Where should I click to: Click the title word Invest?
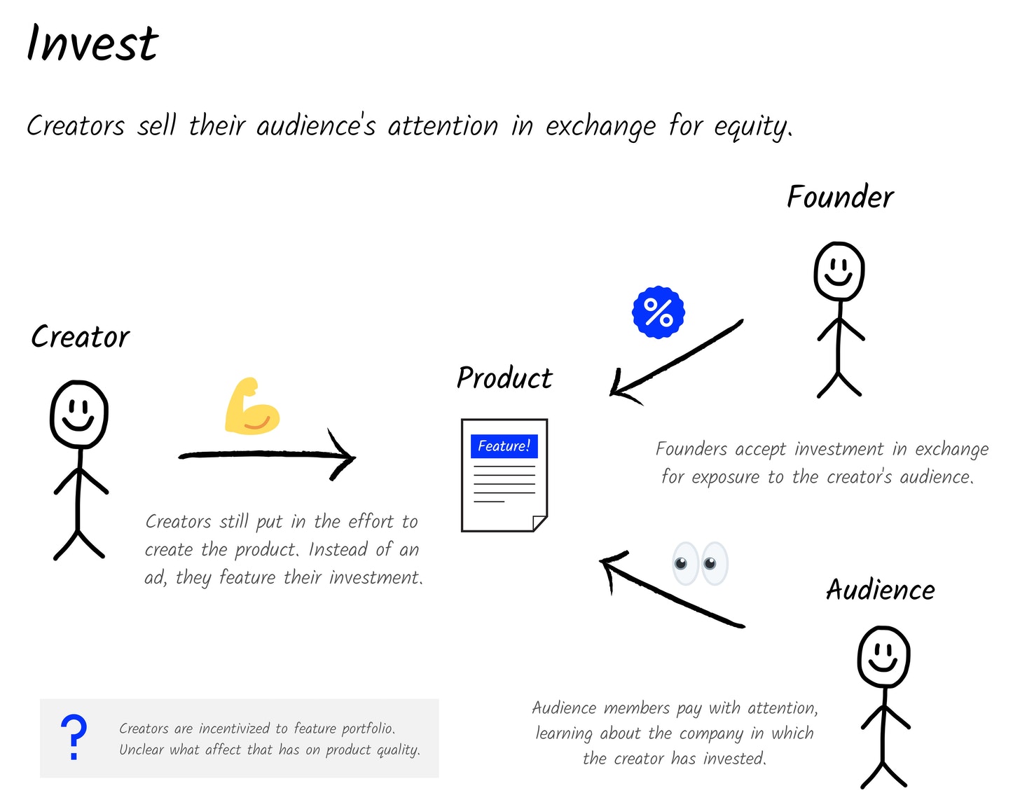(92, 43)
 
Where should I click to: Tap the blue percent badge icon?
(658, 312)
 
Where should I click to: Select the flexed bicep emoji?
(252, 406)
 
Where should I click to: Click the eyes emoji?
(700, 563)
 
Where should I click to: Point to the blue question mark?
(74, 737)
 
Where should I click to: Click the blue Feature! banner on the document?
(504, 446)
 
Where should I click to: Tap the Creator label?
(81, 337)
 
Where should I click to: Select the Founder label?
(840, 197)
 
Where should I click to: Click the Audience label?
(881, 589)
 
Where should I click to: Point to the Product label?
(504, 378)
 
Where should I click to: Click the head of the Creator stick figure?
(79, 414)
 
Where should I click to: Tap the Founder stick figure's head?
(839, 271)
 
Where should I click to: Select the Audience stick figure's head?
(884, 656)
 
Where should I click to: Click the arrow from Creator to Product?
(267, 454)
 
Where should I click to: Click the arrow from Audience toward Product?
(672, 589)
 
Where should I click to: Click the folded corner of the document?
(540, 523)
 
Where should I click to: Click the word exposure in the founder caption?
(725, 477)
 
